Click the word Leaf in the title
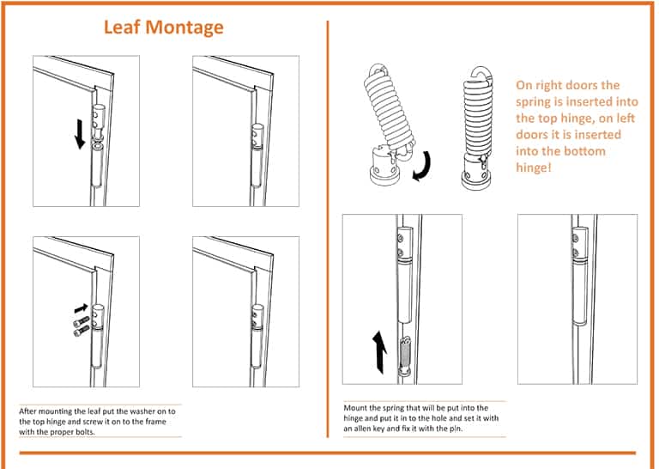121,27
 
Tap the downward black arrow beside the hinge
79,133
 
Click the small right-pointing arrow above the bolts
82,305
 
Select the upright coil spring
481,111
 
